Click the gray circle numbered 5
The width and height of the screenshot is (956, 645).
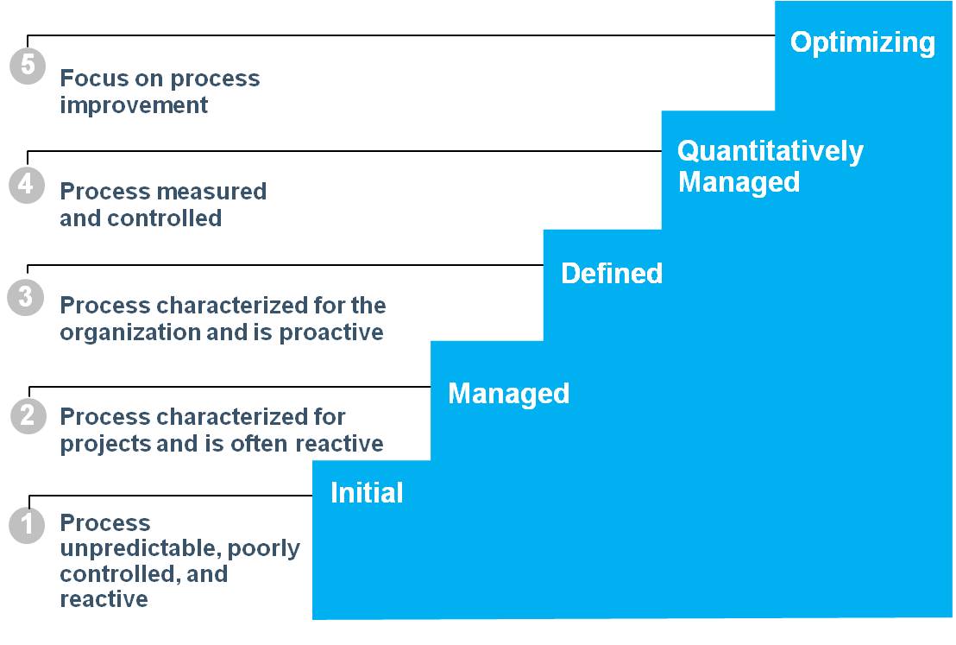[x=28, y=66]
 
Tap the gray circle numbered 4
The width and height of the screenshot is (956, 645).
[x=27, y=185]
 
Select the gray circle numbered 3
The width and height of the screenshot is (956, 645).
[x=25, y=297]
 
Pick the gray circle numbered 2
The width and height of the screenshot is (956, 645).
[x=28, y=416]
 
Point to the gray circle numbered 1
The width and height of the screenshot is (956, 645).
[x=27, y=525]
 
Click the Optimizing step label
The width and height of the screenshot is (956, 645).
[x=862, y=43]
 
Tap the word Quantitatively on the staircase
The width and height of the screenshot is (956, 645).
[x=770, y=151]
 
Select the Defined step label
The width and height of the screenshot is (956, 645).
[x=612, y=274]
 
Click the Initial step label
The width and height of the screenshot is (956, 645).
[x=367, y=493]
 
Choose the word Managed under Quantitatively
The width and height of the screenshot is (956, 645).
[x=739, y=182]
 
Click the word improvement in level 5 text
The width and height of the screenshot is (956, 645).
[x=134, y=105]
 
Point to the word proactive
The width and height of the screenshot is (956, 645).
[x=331, y=333]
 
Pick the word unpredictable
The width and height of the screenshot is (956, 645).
[x=141, y=548]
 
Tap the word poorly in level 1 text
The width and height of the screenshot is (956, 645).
[x=264, y=548]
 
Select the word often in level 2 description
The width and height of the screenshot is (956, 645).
[x=261, y=444]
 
